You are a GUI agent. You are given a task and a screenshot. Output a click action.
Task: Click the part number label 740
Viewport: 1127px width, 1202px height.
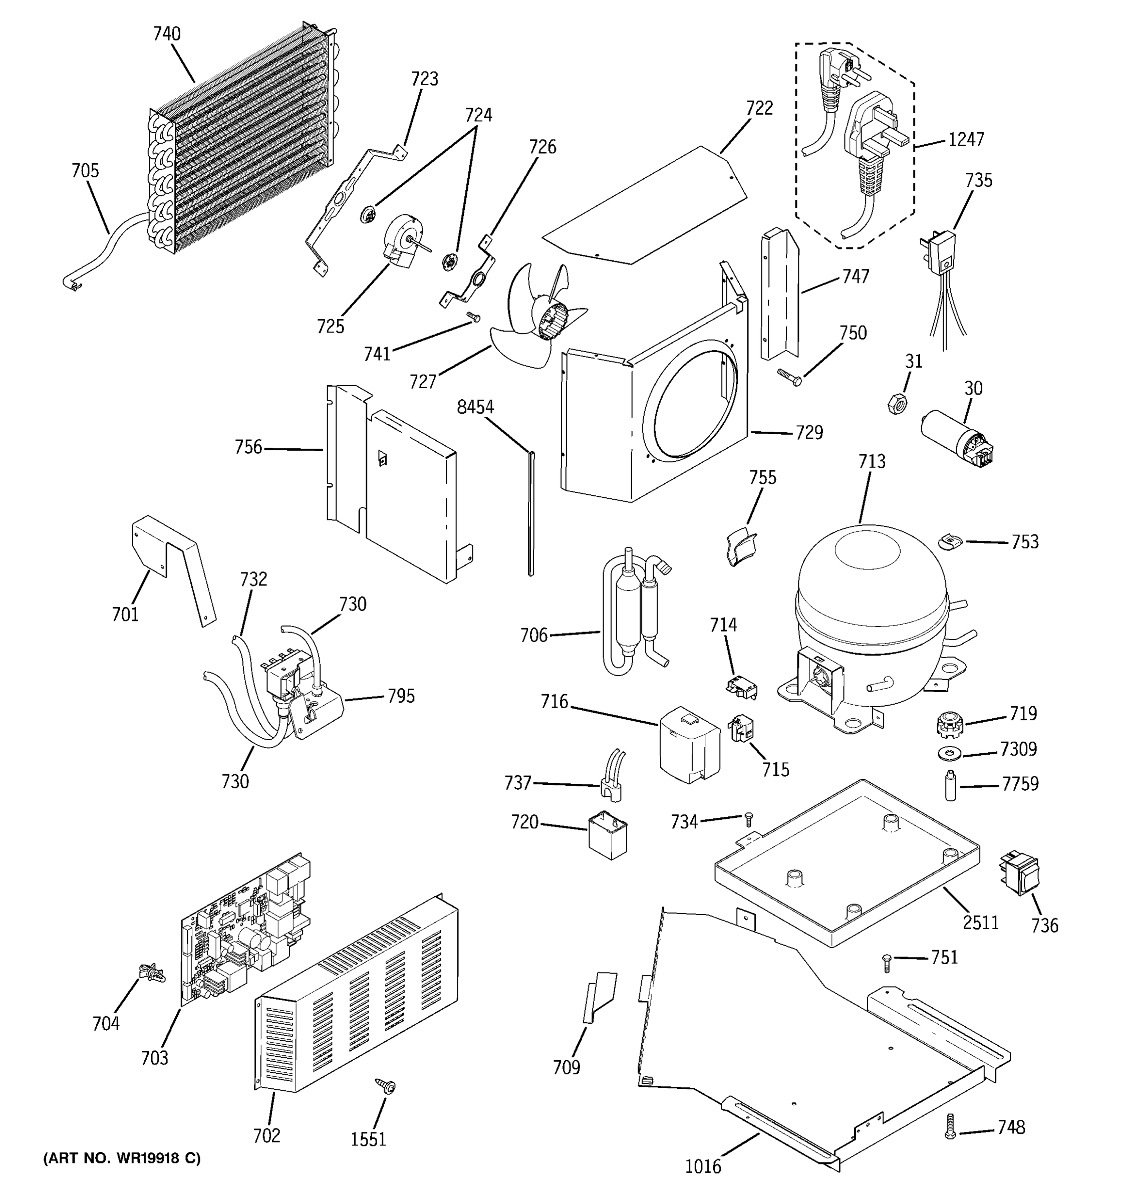pos(166,34)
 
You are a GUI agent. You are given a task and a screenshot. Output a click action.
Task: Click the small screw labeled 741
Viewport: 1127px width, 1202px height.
pos(473,316)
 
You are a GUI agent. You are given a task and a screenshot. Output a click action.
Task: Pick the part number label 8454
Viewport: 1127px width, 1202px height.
pos(475,408)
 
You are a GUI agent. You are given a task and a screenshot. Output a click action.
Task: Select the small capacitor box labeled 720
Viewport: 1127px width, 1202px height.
pos(608,834)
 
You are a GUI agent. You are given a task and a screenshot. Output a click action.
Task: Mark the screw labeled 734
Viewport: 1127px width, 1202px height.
pos(748,818)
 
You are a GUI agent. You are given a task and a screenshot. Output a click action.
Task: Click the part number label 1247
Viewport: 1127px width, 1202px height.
pos(966,140)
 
